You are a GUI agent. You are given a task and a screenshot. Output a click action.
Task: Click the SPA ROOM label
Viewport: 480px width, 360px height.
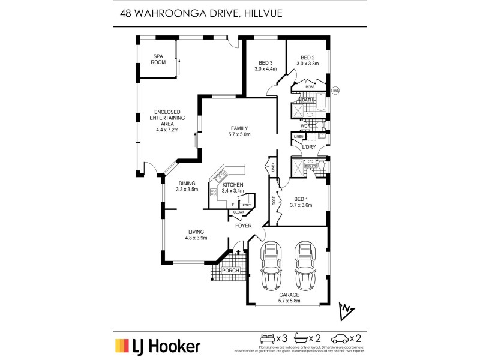(158, 59)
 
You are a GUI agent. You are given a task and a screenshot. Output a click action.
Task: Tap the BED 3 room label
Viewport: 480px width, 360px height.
(265, 63)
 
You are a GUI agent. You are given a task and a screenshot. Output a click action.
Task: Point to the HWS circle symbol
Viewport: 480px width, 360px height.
(336, 91)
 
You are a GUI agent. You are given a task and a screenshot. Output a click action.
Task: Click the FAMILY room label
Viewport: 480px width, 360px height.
(239, 128)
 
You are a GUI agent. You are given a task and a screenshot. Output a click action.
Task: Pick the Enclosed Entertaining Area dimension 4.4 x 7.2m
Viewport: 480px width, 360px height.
(167, 130)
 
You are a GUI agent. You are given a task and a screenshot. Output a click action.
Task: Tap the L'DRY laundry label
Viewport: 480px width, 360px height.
(310, 147)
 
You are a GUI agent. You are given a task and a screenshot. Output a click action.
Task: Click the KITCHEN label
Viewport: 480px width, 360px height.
(233, 184)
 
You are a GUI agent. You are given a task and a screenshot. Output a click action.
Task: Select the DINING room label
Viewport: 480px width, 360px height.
(187, 184)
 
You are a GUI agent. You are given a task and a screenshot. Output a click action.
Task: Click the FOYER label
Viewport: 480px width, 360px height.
(242, 226)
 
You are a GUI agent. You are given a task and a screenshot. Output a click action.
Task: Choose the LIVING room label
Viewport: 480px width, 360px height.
(195, 232)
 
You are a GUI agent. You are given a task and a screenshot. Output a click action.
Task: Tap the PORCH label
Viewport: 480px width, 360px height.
(230, 271)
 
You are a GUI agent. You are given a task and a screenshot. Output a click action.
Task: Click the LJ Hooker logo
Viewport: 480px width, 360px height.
(158, 346)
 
